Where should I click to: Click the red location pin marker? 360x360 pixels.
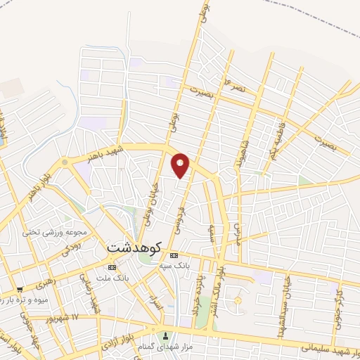181,166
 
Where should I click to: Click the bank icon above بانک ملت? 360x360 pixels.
112,267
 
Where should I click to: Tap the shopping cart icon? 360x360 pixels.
20,288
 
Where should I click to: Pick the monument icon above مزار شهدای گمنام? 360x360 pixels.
166,335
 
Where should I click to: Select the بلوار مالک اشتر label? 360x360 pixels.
219,286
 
